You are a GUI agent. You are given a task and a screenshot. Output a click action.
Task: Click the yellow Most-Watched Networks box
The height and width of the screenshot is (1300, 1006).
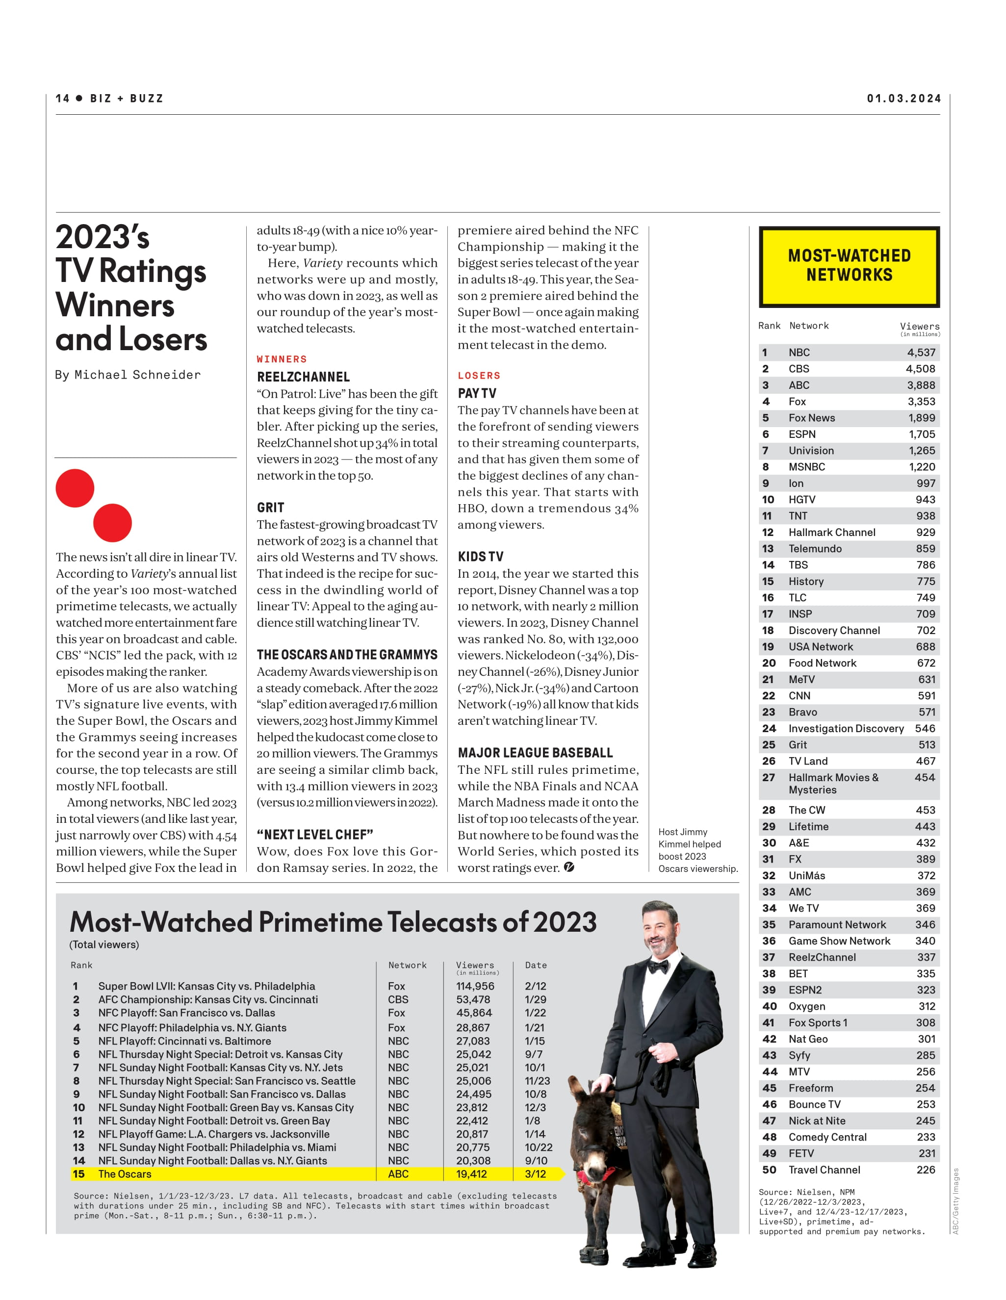849,266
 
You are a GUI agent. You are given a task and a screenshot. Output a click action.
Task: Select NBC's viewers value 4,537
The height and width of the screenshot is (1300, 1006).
921,353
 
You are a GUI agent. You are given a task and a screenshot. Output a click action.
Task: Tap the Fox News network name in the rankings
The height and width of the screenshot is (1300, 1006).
811,418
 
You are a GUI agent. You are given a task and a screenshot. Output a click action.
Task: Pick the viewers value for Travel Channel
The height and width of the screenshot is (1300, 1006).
926,1170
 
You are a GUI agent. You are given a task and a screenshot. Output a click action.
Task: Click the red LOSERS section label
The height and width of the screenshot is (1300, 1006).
479,376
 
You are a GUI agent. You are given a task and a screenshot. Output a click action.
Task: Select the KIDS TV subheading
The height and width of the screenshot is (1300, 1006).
480,557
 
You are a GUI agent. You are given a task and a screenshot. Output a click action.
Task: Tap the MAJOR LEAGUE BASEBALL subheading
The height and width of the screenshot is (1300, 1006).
535,752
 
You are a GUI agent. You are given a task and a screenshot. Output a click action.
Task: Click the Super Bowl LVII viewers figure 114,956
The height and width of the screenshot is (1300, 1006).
475,986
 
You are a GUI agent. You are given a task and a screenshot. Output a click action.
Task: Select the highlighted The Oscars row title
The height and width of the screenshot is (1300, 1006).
125,1174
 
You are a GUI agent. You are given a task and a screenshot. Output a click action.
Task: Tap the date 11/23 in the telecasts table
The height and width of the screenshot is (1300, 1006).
537,1080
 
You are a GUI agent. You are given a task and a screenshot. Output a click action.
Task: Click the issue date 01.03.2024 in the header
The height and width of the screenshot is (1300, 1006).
903,98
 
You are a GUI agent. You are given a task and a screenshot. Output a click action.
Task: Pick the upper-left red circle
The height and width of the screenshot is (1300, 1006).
75,488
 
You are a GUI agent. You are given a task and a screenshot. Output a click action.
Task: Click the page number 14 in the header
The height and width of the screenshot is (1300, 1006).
62,98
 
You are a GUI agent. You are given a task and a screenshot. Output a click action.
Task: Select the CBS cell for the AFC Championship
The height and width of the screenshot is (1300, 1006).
398,999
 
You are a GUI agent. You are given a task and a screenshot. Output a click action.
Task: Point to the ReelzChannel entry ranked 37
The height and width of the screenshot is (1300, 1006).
822,957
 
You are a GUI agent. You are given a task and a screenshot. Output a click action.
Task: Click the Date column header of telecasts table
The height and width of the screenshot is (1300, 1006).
536,965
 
